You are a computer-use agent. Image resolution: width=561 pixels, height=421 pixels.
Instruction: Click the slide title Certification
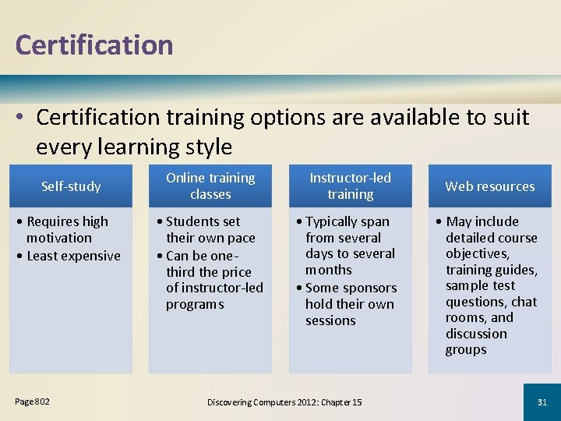[x=93, y=45]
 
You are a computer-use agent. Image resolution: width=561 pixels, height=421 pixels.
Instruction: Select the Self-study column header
[x=71, y=186]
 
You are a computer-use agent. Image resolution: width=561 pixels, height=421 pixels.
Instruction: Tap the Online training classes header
[x=210, y=186]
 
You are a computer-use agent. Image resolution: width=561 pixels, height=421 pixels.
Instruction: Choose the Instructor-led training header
[x=350, y=186]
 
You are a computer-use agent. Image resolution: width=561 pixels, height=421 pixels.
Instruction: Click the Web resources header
[x=490, y=186]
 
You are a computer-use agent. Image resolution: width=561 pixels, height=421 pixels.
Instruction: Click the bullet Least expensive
[x=69, y=256]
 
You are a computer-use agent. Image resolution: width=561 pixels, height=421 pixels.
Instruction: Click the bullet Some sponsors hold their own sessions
[x=350, y=304]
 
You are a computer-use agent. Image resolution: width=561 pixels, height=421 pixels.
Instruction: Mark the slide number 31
[x=542, y=402]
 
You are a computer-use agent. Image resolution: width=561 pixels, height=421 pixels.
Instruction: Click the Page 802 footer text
[x=32, y=402]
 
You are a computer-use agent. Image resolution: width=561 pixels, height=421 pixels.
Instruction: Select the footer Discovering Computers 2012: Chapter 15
[x=284, y=402]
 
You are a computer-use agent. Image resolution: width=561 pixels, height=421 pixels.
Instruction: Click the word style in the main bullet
[x=206, y=147]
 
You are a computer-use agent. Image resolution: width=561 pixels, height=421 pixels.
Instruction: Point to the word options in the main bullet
[x=295, y=118]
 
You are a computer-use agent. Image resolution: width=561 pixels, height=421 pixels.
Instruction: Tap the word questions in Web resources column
[x=476, y=302]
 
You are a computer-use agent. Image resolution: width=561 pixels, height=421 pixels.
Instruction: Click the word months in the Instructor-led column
[x=328, y=270]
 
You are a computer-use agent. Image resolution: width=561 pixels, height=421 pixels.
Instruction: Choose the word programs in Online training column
[x=194, y=304]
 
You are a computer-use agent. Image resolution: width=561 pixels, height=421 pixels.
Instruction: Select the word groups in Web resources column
[x=466, y=349]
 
